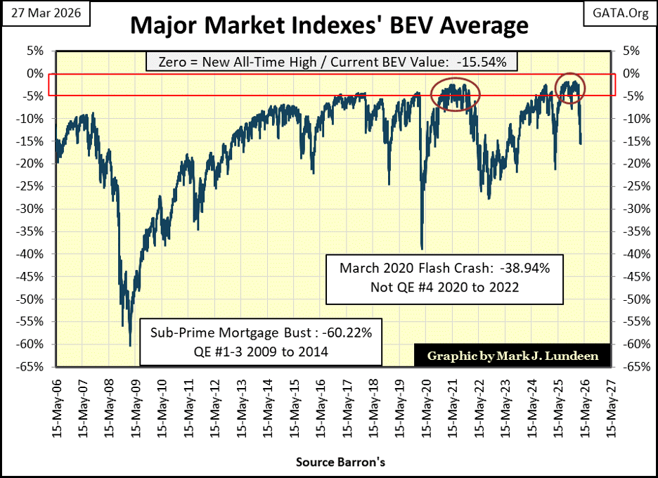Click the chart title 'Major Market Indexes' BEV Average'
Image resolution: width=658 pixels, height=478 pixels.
pyautogui.click(x=329, y=26)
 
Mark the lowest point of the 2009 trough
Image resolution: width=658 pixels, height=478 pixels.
pyautogui.click(x=130, y=345)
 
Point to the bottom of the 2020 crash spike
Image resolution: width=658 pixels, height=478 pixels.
pyautogui.click(x=421, y=248)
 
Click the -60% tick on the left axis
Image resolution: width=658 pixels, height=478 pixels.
pyautogui.click(x=32, y=344)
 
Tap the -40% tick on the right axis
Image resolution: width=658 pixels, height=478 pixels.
pyautogui.click(x=631, y=254)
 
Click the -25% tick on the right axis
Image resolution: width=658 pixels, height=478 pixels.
pyautogui.click(x=631, y=186)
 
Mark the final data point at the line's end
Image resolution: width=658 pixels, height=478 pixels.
pyautogui.click(x=581, y=143)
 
